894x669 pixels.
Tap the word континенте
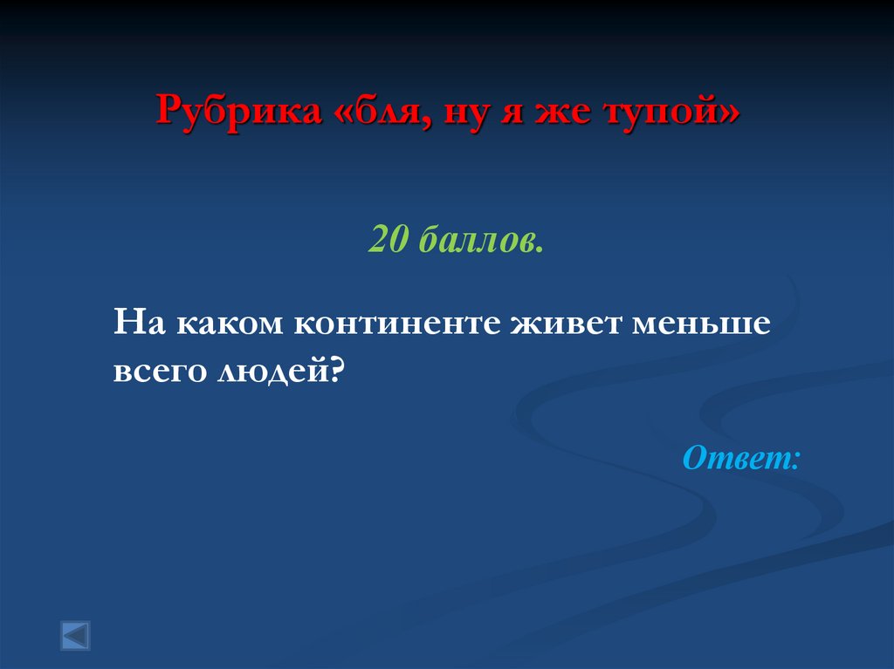pos(395,324)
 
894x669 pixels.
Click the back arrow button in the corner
pos(75,635)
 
